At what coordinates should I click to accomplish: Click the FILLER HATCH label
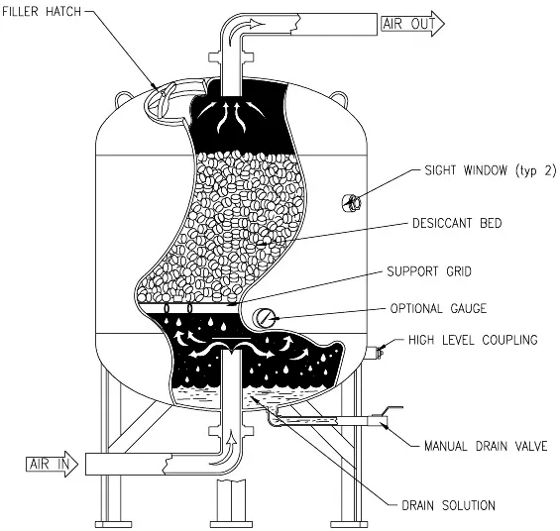pyautogui.click(x=42, y=12)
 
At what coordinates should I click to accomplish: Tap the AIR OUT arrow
pyautogui.click(x=412, y=24)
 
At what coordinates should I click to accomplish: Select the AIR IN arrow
pyautogui.click(x=53, y=464)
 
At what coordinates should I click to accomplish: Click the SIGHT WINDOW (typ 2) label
pyautogui.click(x=491, y=170)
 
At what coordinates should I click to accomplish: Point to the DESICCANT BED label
pyautogui.click(x=457, y=223)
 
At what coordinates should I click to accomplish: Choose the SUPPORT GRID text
pyautogui.click(x=429, y=271)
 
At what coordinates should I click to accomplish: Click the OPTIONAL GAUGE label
pyautogui.click(x=438, y=308)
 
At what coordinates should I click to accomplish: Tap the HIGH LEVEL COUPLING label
pyautogui.click(x=473, y=340)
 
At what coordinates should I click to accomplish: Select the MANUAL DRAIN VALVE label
pyautogui.click(x=486, y=446)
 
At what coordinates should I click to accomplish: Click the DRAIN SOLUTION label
pyautogui.click(x=449, y=505)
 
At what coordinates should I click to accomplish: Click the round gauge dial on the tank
pyautogui.click(x=265, y=318)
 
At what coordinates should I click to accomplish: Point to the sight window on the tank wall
pyautogui.click(x=352, y=203)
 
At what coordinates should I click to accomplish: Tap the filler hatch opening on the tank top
pyautogui.click(x=168, y=103)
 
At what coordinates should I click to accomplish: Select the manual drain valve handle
pyautogui.click(x=392, y=409)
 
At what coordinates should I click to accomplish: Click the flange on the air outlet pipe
pyautogui.click(x=231, y=57)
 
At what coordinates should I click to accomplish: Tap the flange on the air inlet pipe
pyautogui.click(x=231, y=430)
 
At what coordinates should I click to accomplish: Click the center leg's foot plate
pyautogui.click(x=231, y=525)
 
